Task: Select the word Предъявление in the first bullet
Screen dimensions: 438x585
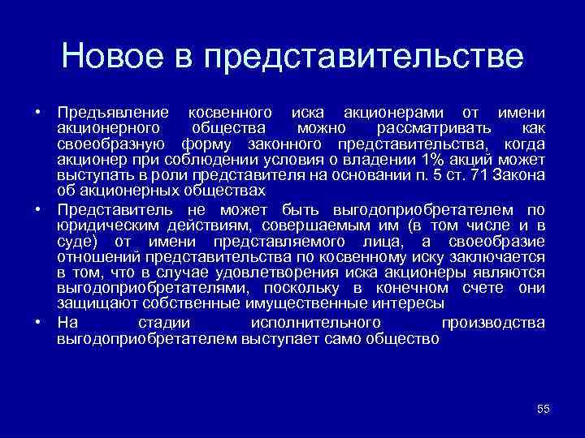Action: [x=113, y=112]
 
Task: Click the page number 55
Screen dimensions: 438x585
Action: [x=544, y=409]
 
